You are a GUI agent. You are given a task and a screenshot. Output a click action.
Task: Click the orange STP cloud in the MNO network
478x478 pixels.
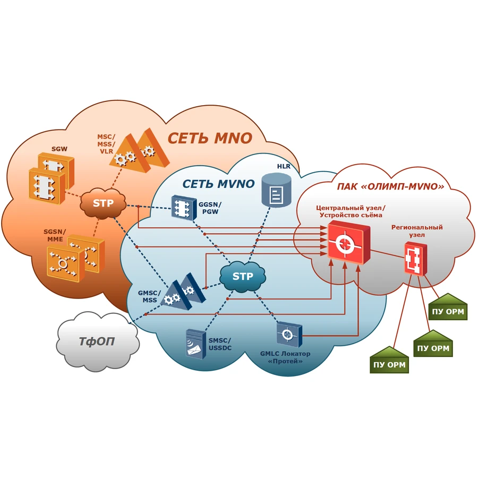coord(103,203)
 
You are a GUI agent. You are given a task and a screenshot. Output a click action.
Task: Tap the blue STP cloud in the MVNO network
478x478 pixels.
coord(243,277)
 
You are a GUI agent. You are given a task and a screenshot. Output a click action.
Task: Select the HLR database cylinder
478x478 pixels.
coord(277,190)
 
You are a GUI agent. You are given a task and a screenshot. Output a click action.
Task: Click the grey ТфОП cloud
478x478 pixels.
coord(98,341)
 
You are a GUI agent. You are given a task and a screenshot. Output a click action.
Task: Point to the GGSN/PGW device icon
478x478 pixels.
coord(184,208)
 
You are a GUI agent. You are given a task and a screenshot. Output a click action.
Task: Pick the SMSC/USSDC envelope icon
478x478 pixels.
coord(195,344)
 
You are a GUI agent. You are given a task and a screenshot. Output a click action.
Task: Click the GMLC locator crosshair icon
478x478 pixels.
coord(289,335)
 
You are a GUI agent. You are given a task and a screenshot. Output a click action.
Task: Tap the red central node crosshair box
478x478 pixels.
coord(349,242)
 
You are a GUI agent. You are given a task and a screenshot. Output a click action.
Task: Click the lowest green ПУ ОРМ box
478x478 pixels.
coord(389,360)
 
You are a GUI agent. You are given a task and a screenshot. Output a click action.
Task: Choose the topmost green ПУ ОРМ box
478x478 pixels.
coord(448,307)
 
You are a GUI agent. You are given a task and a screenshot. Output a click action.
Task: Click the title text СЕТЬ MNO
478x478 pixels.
coord(210,138)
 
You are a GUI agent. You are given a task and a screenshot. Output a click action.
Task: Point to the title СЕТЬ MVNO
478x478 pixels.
coord(218,184)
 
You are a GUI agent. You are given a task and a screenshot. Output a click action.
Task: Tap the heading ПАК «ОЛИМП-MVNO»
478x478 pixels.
coord(390,186)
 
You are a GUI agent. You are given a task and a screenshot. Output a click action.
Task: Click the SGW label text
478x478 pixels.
coord(59,149)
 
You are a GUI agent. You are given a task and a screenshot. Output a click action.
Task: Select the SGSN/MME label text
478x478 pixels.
coord(55,235)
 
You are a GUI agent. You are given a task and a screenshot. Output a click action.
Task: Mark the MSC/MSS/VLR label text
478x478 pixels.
coord(106,144)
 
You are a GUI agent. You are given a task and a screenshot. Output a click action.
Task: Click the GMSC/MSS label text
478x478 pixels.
coord(149,296)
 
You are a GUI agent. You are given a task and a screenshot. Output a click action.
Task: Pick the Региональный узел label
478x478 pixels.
coord(417,231)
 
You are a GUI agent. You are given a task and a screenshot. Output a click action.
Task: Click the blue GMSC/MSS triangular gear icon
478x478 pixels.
coord(183,292)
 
